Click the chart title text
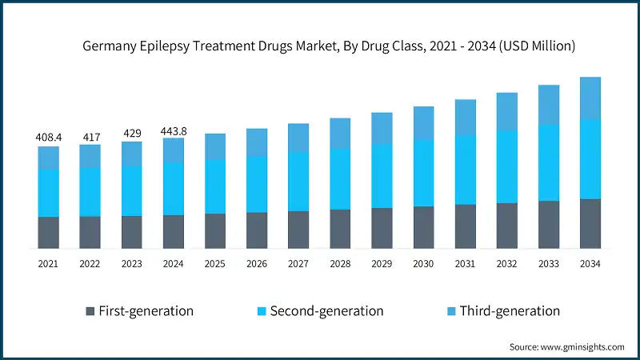click(x=329, y=46)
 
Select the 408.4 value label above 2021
click(x=48, y=138)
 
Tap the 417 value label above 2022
click(x=90, y=137)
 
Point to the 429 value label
click(x=131, y=134)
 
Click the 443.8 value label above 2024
click(x=173, y=130)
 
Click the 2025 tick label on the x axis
click(x=214, y=263)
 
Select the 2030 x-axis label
click(x=423, y=263)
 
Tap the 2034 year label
click(x=590, y=263)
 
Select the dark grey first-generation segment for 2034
click(x=590, y=223)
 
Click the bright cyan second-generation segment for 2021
click(x=48, y=192)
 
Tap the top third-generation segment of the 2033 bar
click(x=549, y=105)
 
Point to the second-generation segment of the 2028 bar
click(x=340, y=178)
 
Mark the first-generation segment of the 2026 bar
click(x=257, y=230)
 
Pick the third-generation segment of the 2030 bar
click(x=423, y=123)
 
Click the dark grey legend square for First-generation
click(x=90, y=310)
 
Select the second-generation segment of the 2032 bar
click(x=507, y=166)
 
